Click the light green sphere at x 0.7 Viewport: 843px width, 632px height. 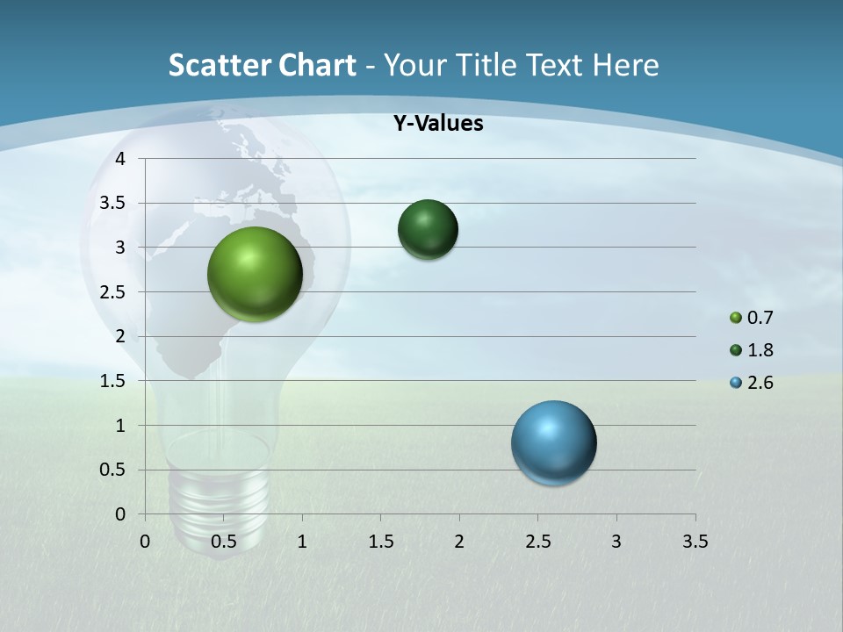coord(256,274)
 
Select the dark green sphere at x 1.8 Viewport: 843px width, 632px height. coord(428,230)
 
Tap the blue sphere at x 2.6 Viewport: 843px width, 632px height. coord(554,442)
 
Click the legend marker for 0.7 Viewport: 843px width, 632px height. coord(736,318)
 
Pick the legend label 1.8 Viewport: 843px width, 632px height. coord(760,350)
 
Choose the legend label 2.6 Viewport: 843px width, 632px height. coord(760,383)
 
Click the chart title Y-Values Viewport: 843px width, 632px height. coord(438,124)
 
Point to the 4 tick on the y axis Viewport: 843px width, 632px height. coord(121,159)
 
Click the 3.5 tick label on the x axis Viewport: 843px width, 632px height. coord(695,542)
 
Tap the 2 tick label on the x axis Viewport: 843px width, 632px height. coord(459,542)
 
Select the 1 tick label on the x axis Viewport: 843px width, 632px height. coord(302,542)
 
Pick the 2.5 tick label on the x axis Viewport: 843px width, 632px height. coord(537,542)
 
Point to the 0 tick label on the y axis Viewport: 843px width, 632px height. coord(121,514)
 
